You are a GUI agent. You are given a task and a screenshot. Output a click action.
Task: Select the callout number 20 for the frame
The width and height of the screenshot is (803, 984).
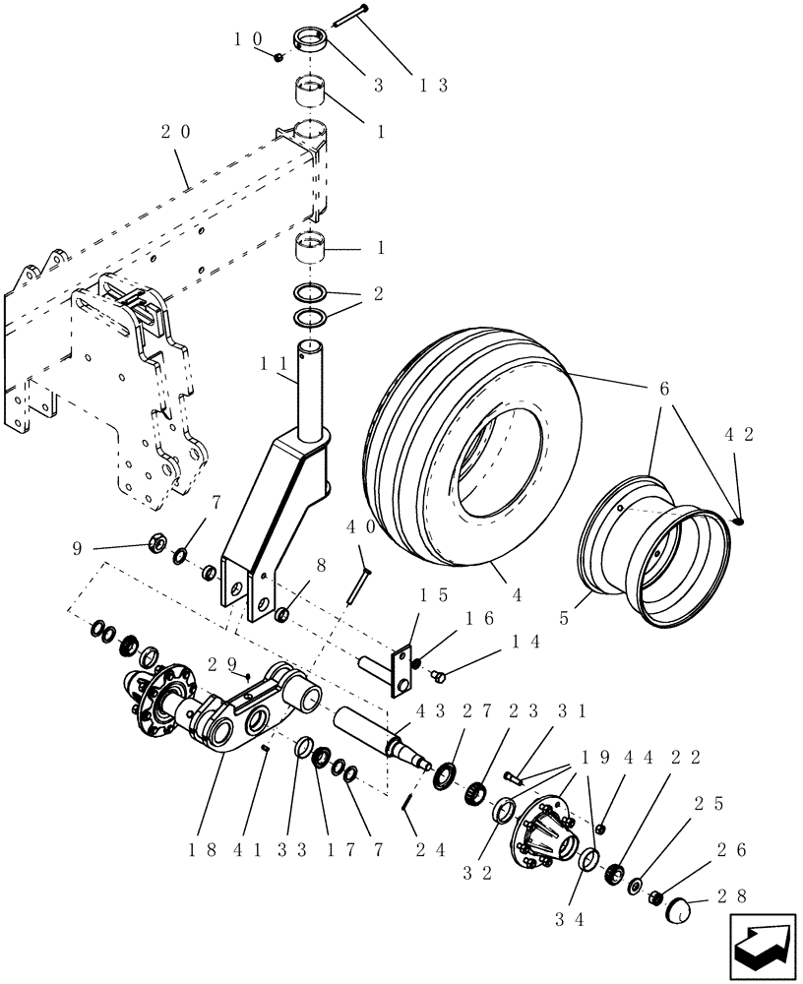pyautogui.click(x=179, y=132)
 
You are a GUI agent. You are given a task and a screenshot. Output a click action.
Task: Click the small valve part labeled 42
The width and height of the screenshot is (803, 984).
pyautogui.click(x=738, y=521)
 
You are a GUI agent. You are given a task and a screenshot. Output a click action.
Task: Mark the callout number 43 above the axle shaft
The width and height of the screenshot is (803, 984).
pyautogui.click(x=429, y=710)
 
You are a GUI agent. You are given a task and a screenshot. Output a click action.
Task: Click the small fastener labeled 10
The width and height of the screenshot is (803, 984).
pyautogui.click(x=280, y=57)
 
